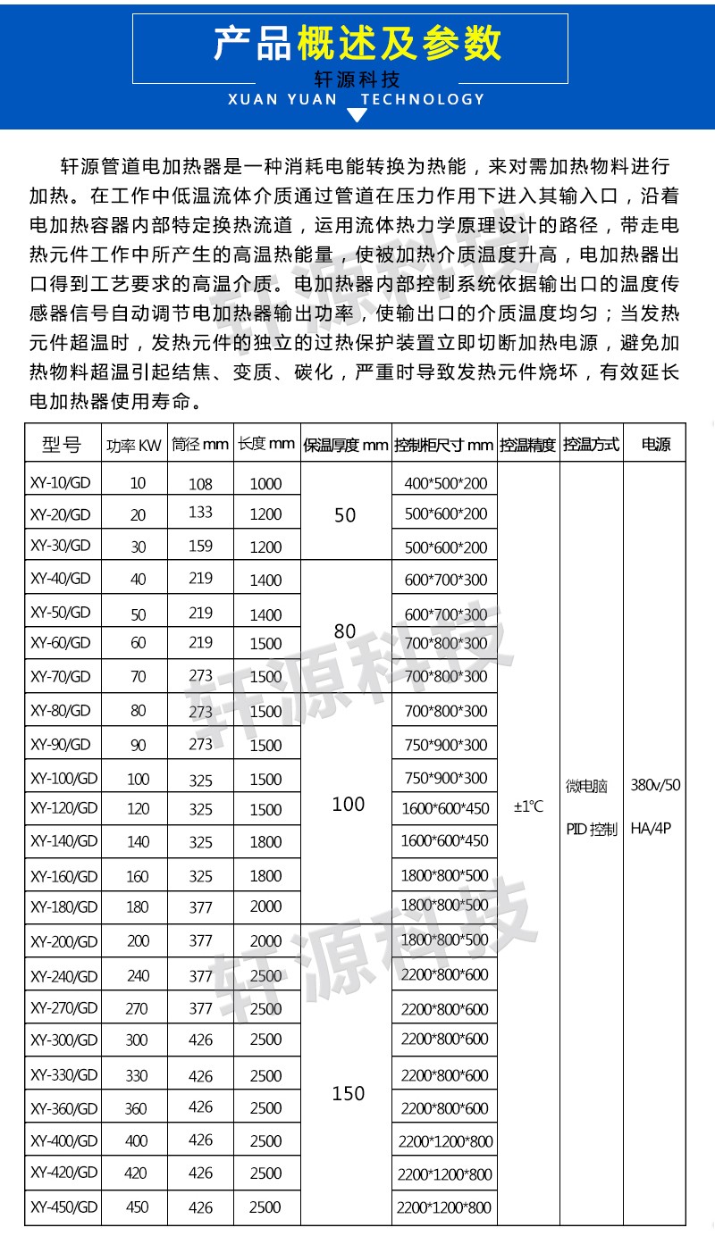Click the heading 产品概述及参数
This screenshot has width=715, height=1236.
[357, 42]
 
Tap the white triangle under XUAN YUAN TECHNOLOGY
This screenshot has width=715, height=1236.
[357, 115]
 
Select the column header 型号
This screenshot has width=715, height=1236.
[62, 444]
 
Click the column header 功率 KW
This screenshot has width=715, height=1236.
[134, 445]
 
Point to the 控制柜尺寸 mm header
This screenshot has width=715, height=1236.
[443, 445]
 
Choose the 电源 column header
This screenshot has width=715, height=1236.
[656, 444]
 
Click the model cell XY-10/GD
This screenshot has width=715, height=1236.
[61, 483]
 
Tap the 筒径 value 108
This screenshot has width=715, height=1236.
[201, 484]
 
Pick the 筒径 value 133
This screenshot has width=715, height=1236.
[201, 514]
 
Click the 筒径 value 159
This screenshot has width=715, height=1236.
[201, 546]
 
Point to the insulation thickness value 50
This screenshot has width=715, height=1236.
[345, 515]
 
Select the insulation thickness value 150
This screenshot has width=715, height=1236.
[348, 1093]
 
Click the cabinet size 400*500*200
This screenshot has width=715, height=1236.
[446, 484]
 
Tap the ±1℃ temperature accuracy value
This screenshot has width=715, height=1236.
[528, 806]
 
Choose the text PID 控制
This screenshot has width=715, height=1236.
[592, 829]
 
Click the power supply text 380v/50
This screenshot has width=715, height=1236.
[655, 786]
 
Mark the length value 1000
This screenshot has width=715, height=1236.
[265, 484]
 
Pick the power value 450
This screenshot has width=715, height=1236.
[138, 1207]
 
